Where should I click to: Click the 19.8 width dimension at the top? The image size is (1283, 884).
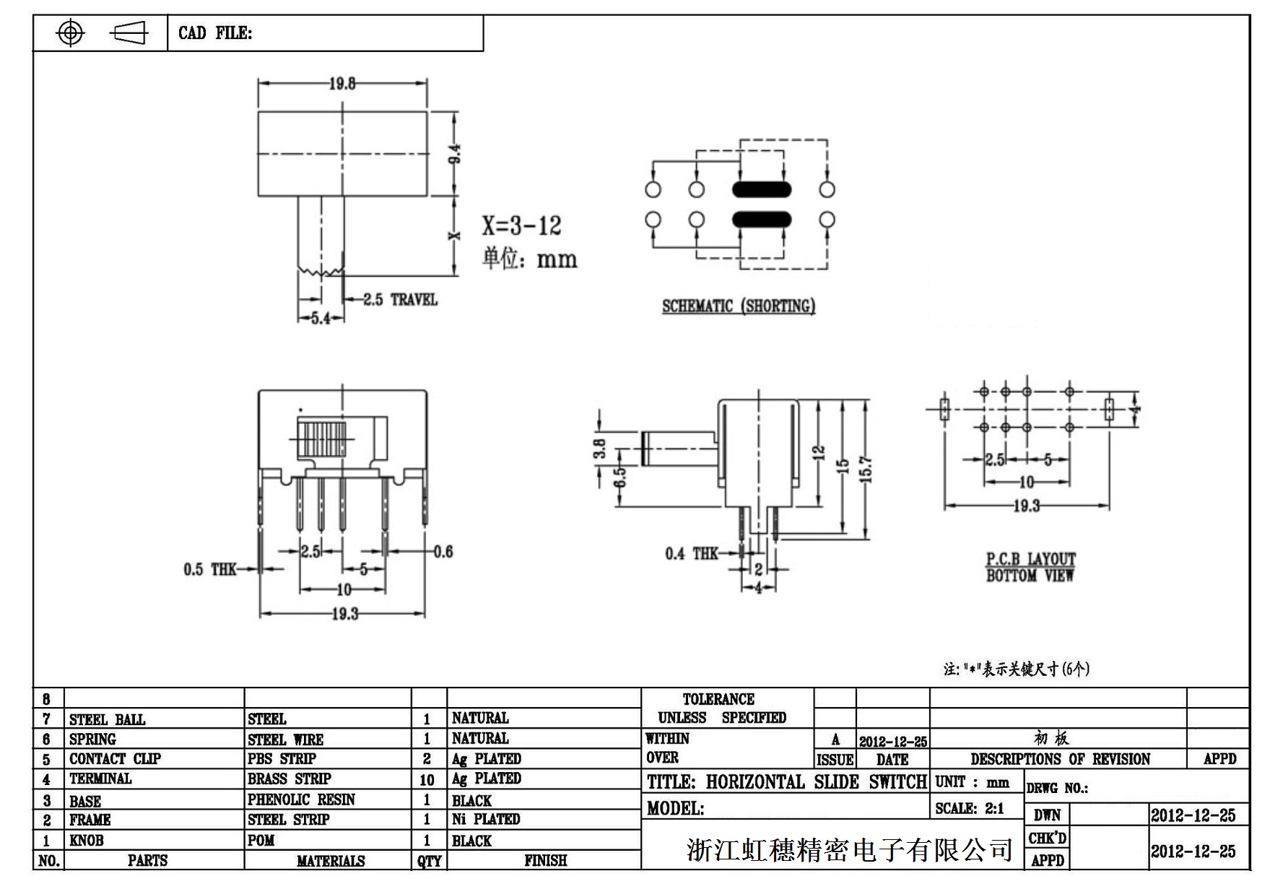tap(342, 84)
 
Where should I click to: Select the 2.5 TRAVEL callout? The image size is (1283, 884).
tap(400, 299)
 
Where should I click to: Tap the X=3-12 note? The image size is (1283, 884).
tap(521, 226)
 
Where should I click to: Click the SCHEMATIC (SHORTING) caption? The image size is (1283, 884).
tap(739, 306)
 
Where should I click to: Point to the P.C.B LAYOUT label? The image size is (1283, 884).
tap(1030, 559)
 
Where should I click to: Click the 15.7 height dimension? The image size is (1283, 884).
tap(866, 469)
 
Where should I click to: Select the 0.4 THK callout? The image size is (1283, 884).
tap(691, 554)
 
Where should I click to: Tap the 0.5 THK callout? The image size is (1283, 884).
tap(209, 570)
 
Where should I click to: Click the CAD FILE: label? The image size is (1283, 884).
tap(215, 33)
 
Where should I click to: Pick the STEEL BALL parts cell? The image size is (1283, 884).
tap(107, 719)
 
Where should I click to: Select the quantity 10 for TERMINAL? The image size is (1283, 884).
tap(427, 780)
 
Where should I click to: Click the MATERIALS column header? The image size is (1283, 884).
tap(331, 861)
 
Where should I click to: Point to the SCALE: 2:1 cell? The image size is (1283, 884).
tap(969, 809)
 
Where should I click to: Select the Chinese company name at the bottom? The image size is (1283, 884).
tap(850, 850)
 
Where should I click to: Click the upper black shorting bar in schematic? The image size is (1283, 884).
tap(762, 190)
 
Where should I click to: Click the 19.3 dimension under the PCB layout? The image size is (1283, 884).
tap(1026, 506)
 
